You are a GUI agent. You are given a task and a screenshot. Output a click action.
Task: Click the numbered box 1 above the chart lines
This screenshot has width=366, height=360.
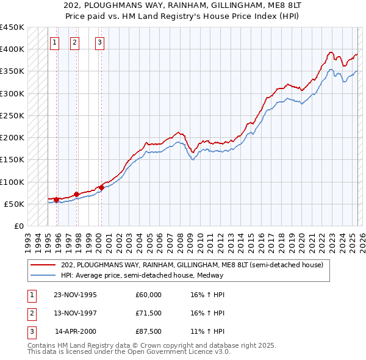55,43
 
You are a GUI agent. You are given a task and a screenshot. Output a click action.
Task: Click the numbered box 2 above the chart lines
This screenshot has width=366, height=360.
74,43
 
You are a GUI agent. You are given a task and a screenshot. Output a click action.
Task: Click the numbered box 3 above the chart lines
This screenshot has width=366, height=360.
99,43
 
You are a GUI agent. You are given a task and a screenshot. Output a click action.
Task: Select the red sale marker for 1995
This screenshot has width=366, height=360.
56,200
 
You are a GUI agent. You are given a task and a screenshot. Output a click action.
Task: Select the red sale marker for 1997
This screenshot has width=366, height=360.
77,195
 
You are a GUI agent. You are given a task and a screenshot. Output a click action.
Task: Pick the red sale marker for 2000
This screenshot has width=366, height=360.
101,187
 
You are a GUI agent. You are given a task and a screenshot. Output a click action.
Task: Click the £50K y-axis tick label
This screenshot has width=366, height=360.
14,204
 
